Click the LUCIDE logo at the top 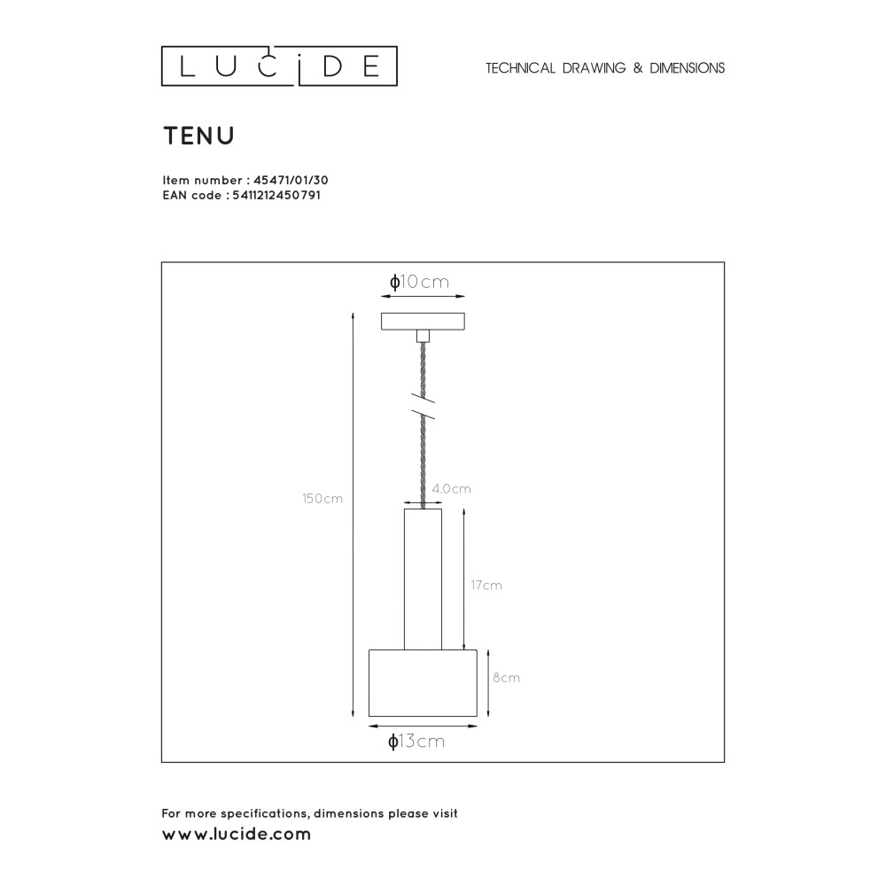278,67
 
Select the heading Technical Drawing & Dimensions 605,68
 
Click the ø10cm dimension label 420,283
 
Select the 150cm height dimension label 323,499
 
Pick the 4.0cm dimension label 452,489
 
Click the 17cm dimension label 486,586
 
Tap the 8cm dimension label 505,678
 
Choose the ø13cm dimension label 416,742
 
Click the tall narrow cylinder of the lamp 423,579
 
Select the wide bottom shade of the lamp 423,683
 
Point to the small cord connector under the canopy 423,336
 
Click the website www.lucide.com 237,835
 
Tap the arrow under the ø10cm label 423,299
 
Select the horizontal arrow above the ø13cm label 423,727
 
